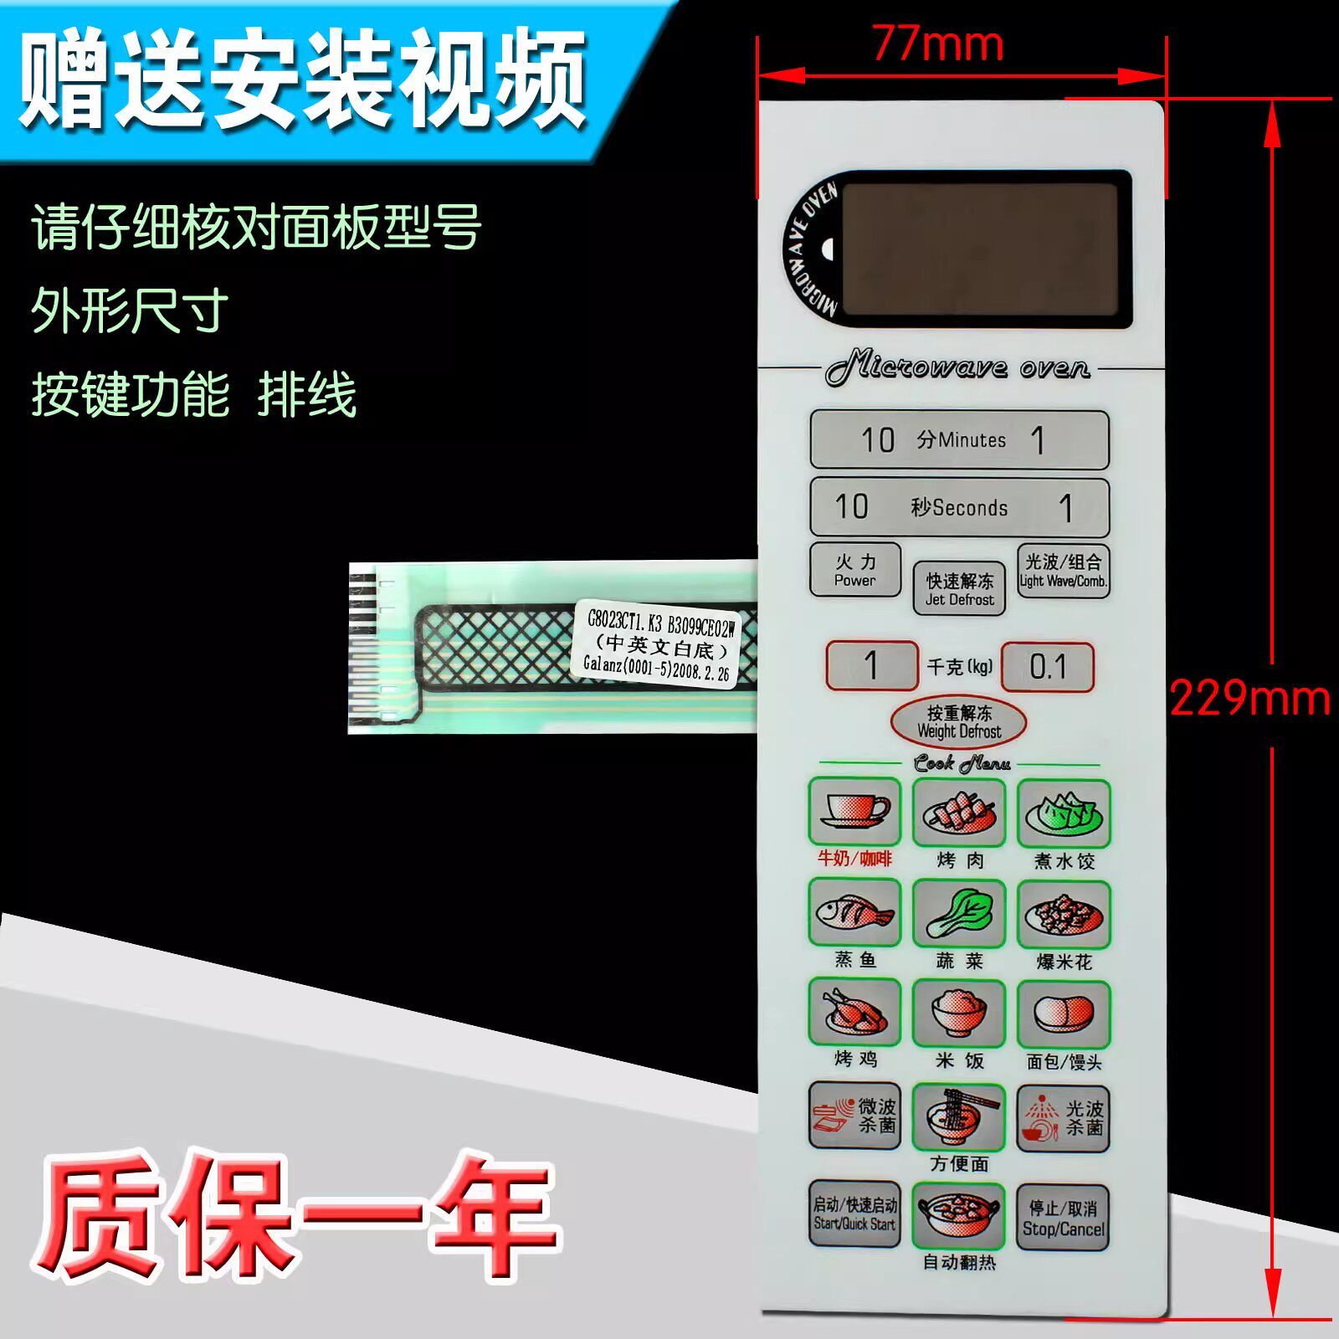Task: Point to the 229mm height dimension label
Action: (1249, 697)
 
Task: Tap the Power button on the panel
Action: (854, 570)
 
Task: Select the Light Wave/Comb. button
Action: (1063, 571)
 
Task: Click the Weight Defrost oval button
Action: (958, 721)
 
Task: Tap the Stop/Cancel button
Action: (1063, 1218)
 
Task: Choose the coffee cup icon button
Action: (854, 811)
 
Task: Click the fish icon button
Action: (854, 912)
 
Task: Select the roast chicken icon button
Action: (854, 1012)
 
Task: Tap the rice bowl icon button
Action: (959, 1013)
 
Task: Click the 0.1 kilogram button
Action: (1048, 666)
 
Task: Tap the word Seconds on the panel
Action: (970, 508)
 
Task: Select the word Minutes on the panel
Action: (972, 440)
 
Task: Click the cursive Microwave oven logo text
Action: (957, 367)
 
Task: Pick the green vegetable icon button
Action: (959, 913)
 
